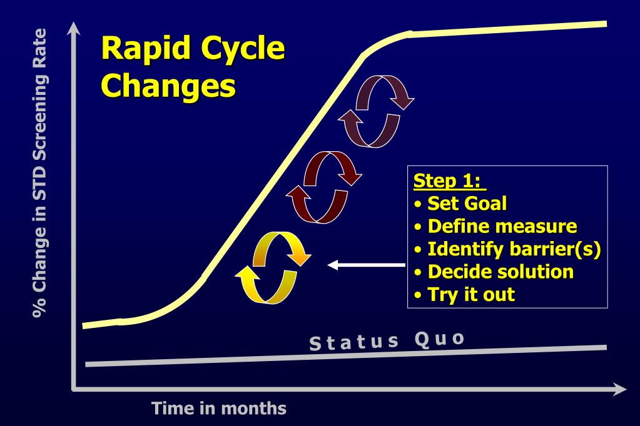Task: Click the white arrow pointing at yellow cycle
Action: click(x=366, y=265)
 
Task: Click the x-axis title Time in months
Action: click(x=220, y=409)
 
